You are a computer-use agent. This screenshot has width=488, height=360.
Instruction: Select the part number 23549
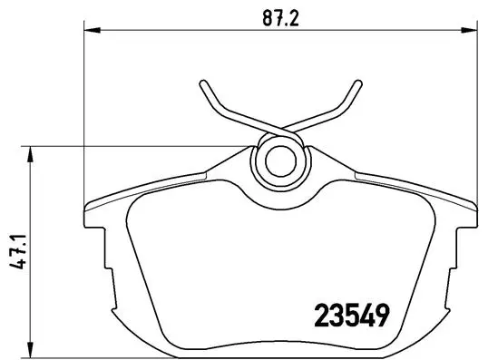(351, 316)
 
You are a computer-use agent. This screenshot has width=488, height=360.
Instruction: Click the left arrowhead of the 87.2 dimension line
(89, 30)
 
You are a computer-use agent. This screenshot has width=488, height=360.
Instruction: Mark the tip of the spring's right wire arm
(353, 84)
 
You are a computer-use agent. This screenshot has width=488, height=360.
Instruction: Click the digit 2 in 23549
(320, 316)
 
